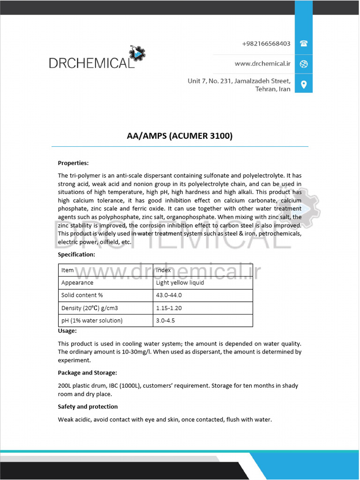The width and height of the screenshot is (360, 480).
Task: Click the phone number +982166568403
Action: [266, 44]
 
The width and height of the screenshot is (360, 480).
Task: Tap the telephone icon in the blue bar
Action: [304, 44]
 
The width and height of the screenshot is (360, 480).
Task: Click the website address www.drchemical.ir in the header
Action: [262, 64]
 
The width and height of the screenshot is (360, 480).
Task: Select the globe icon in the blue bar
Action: [304, 64]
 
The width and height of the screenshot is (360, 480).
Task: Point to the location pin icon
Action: [304, 84]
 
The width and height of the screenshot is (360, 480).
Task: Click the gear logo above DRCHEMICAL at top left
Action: [137, 54]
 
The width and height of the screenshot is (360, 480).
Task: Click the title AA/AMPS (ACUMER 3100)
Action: [180, 136]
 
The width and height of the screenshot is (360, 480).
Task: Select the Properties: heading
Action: [73, 163]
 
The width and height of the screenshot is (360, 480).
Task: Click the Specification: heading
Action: [76, 255]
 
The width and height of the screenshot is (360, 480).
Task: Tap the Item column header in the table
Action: [67, 270]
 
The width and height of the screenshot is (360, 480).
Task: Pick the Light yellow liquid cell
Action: [180, 283]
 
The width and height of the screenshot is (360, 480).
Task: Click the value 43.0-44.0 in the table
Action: [169, 295]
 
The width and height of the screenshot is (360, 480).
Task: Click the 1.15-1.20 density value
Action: [169, 308]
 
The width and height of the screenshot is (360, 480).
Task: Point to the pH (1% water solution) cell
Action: [92, 321]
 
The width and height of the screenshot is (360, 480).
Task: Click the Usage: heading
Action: [67, 331]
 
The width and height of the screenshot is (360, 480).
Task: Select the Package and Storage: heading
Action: [87, 373]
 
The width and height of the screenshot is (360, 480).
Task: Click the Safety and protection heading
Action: [88, 406]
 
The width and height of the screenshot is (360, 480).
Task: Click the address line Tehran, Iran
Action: [272, 89]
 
